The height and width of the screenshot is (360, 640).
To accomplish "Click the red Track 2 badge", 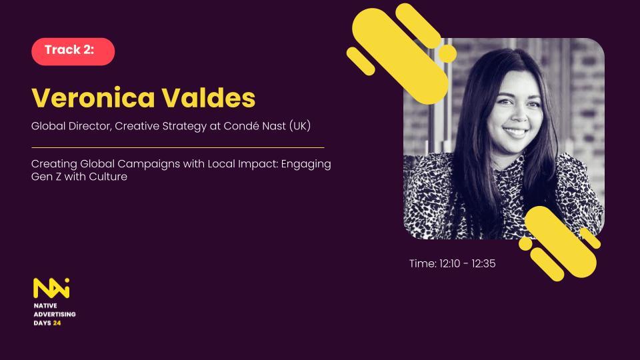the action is coord(73,51).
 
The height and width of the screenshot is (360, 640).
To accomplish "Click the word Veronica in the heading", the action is coord(93,98).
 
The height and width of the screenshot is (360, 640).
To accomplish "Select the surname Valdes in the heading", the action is coord(209,98).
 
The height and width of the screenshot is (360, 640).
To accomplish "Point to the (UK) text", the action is coord(300,126).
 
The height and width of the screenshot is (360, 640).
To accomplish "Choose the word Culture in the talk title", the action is coord(108,177).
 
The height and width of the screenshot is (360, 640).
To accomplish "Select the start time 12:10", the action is coord(450,264).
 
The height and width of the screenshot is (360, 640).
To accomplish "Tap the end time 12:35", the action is coord(484,264).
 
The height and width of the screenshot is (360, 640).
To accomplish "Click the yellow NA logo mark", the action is coord(51,288).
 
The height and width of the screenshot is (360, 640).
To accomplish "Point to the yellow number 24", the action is coord(57,323).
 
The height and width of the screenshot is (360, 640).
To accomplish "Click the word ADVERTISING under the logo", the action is coord(55,314).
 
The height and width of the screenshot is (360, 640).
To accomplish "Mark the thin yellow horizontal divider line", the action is coord(178,147).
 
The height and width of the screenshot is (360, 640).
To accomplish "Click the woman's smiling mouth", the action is coord(516,132).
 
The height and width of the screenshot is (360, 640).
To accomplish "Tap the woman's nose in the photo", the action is coord(517,115).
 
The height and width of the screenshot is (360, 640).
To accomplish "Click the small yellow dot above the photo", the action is coord(447,53).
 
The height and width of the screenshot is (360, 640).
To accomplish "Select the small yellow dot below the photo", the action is coord(525,244).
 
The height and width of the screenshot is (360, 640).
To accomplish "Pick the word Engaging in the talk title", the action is coord(306,165).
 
